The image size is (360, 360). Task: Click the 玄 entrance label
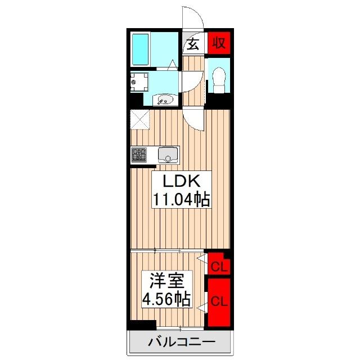pyautogui.click(x=193, y=44)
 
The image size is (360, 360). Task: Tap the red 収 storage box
pyautogui.click(x=219, y=43)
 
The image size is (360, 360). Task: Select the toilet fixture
pyautogui.click(x=218, y=80)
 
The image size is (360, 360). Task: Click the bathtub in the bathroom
pyautogui.click(x=141, y=49)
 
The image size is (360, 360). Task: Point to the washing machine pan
pyautogui.click(x=139, y=82)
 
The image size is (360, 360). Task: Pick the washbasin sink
pyautogui.click(x=165, y=100)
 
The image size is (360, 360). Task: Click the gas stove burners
pyautogui.click(x=139, y=154)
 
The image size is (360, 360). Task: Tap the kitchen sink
pyautogui.click(x=168, y=155)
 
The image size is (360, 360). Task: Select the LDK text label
pyautogui.click(x=181, y=181)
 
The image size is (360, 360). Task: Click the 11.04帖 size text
pyautogui.click(x=181, y=199)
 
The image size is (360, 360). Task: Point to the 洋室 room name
pyautogui.click(x=166, y=280)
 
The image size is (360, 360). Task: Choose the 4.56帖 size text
pyautogui.click(x=166, y=299)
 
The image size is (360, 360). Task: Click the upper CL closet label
pyautogui.click(x=220, y=267)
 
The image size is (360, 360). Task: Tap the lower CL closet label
pyautogui.click(x=219, y=301)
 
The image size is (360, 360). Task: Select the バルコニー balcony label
pyautogui.click(x=182, y=342)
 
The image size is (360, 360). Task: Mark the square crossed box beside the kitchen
pyautogui.click(x=139, y=119)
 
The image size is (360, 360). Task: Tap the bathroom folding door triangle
pyautogui.click(x=173, y=65)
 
